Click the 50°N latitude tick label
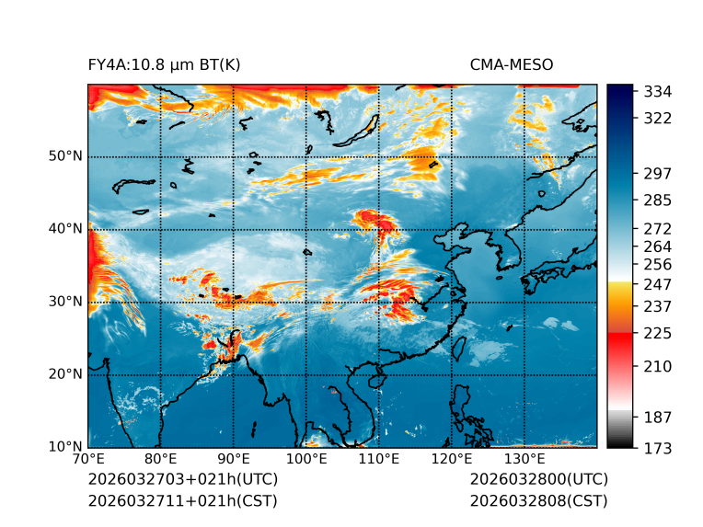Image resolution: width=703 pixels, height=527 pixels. pos(65,156)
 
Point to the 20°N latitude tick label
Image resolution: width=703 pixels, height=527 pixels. pos(65,374)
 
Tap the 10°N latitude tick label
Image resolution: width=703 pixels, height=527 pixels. pos(65,447)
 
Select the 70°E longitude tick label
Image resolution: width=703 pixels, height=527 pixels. pos(88,459)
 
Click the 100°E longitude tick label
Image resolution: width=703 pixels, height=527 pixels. pos(306,459)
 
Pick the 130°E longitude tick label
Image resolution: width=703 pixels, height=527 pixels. pos(524,459)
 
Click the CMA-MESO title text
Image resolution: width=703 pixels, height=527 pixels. pos(511,65)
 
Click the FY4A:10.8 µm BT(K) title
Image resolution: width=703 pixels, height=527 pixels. pos(164,65)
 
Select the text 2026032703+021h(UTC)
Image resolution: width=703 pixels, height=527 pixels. pos(182,480)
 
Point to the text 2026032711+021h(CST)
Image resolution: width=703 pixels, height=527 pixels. pos(182,501)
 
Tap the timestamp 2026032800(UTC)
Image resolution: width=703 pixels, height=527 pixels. pos(538,480)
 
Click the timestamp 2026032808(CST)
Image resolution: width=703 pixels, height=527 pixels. pos(538,501)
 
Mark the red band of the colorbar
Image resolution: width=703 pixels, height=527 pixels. pos(619,340)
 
